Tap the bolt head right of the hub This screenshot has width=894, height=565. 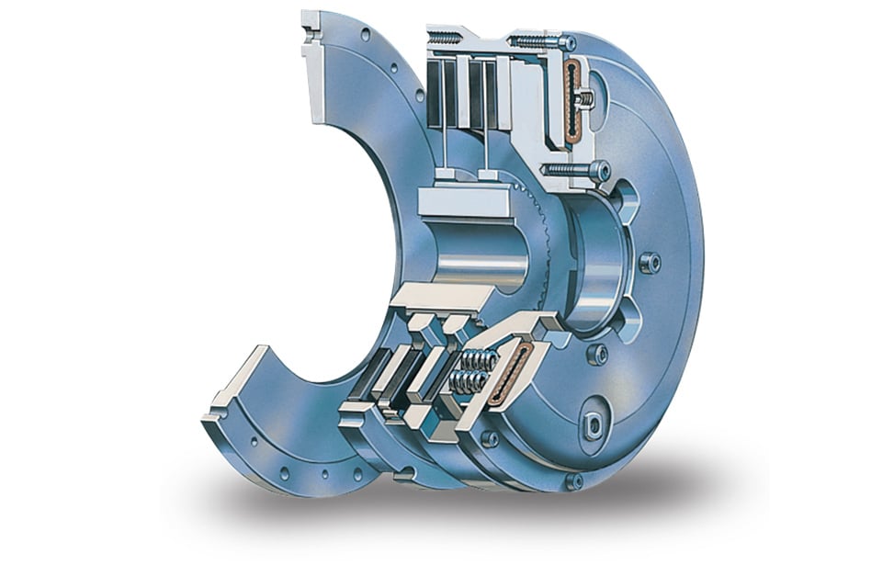[x=651, y=263]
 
